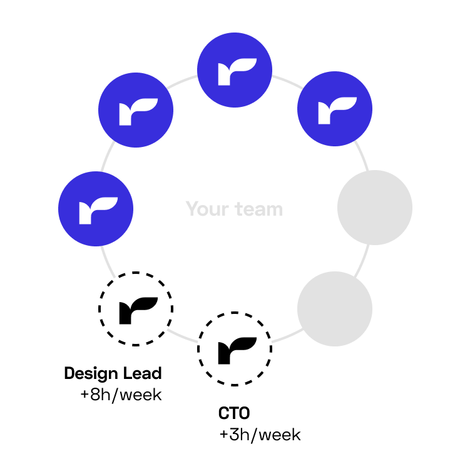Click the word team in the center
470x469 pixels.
point(259,209)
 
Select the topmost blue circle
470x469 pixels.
point(235,70)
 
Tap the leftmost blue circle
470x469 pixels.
point(96,209)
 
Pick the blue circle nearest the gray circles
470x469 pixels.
point(335,109)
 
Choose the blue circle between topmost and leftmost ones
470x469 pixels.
point(136,110)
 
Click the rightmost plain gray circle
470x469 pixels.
point(375,208)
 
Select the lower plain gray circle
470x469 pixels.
point(335,309)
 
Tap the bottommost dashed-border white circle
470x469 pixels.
point(235,349)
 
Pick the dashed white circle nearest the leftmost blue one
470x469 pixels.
point(136,308)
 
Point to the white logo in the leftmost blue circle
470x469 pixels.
point(98,211)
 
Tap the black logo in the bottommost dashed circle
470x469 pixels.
point(237,350)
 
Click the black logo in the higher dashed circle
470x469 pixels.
point(138,310)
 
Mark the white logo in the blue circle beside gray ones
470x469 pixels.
point(337,111)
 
